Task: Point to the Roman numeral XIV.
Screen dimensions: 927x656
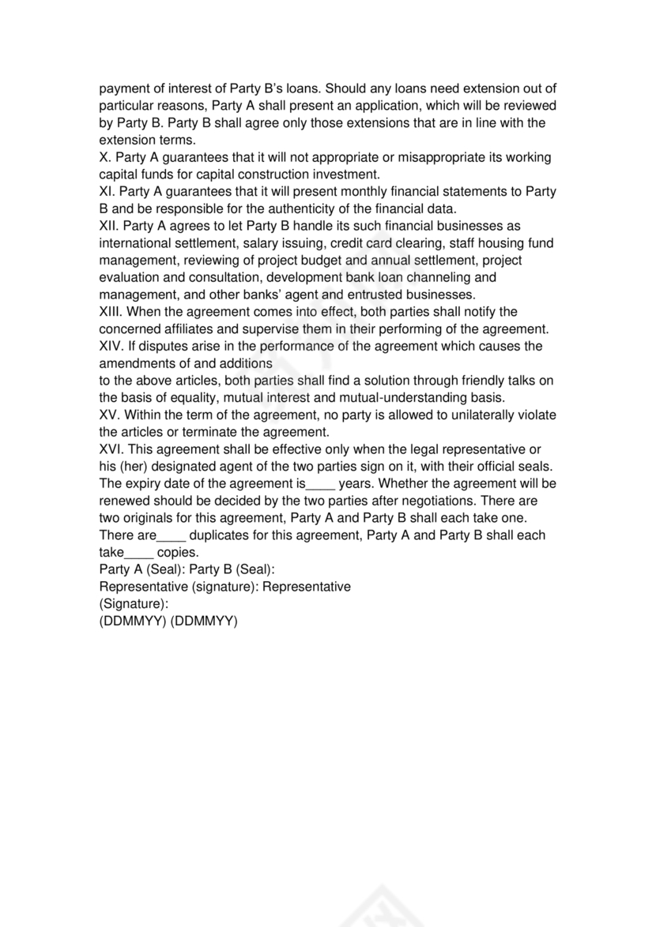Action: point(111,346)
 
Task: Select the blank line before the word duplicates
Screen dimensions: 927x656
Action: point(172,535)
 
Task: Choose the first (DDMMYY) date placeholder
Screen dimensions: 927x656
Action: point(133,621)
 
